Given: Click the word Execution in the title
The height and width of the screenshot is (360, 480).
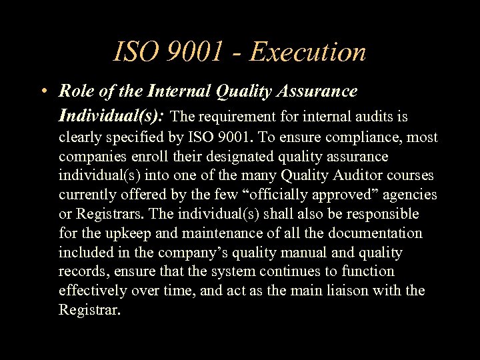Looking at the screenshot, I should pos(307,52).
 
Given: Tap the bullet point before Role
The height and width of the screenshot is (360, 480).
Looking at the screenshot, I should pos(42,91).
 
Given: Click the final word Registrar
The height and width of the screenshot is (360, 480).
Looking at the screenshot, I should pos(89,310).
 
